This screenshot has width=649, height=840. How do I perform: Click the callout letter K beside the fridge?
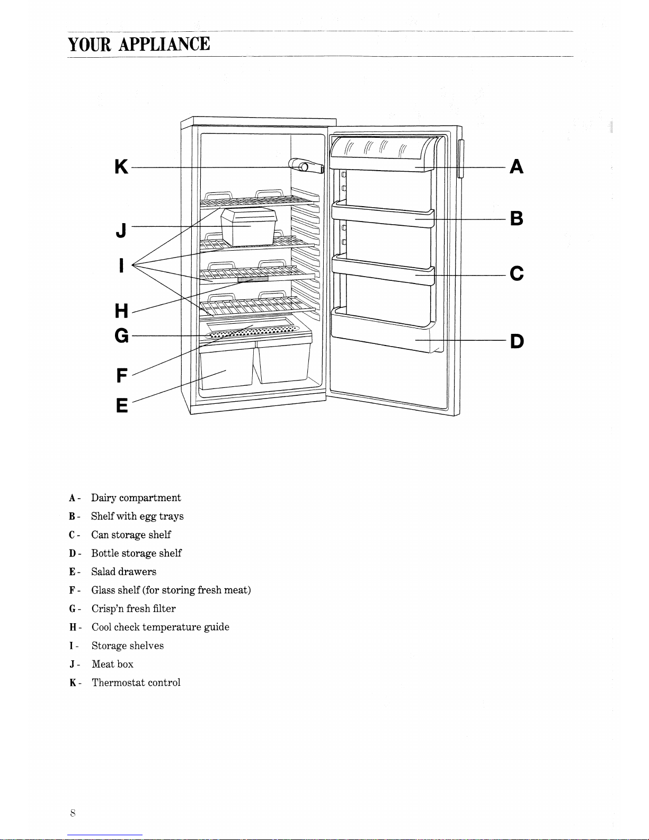click(121, 166)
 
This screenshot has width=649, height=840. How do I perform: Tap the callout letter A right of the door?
click(517, 166)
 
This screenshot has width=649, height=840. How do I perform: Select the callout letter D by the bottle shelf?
click(517, 341)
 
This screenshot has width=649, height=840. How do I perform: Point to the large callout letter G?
click(122, 335)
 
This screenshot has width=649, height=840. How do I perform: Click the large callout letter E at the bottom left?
click(122, 405)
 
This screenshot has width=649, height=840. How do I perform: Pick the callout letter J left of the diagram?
click(121, 230)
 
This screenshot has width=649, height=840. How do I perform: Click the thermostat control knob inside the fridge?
click(306, 166)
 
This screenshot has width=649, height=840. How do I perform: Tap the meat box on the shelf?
click(249, 226)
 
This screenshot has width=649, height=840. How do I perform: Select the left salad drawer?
click(227, 365)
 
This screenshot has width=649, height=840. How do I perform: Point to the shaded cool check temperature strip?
click(253, 279)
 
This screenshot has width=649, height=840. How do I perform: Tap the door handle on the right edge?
click(460, 158)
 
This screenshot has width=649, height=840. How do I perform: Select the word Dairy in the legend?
click(103, 498)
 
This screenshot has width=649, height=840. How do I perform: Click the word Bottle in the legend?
click(105, 553)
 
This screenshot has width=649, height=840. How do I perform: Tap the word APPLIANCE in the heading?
click(164, 44)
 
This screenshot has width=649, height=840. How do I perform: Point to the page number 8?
click(73, 813)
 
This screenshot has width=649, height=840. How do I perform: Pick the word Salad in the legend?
click(103, 571)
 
